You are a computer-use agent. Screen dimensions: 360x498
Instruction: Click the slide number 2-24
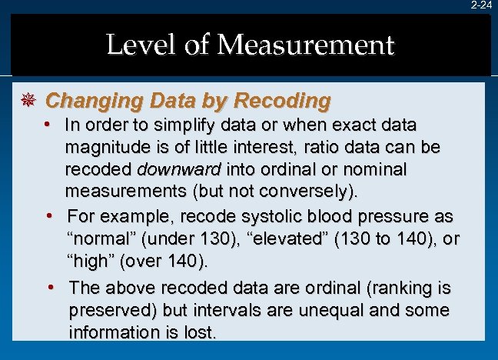click(481, 5)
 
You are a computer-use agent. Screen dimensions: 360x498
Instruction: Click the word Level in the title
click(134, 45)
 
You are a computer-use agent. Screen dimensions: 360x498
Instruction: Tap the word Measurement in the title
click(305, 45)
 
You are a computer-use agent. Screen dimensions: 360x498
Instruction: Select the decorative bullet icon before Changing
click(28, 101)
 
